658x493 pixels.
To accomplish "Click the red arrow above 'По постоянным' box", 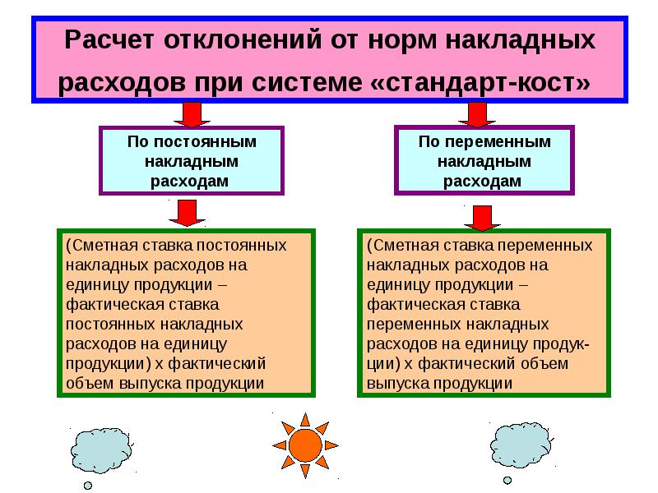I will pos(191,114).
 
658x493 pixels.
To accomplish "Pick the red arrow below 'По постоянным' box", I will pos(187,213).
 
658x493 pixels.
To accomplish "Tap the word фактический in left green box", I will pos(224,362).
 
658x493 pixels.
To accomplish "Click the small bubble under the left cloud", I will pos(87,485).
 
